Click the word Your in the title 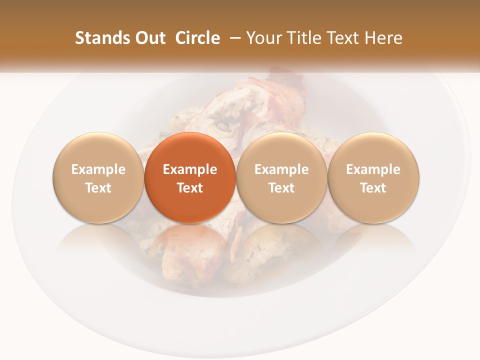pyautogui.click(x=264, y=38)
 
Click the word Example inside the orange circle pyautogui.click(x=190, y=169)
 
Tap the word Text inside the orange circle pyautogui.click(x=190, y=188)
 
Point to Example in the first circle pyautogui.click(x=98, y=169)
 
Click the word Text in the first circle pyautogui.click(x=98, y=188)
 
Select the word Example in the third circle pyautogui.click(x=281, y=169)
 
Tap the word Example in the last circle pyautogui.click(x=373, y=169)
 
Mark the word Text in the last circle pyautogui.click(x=373, y=188)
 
